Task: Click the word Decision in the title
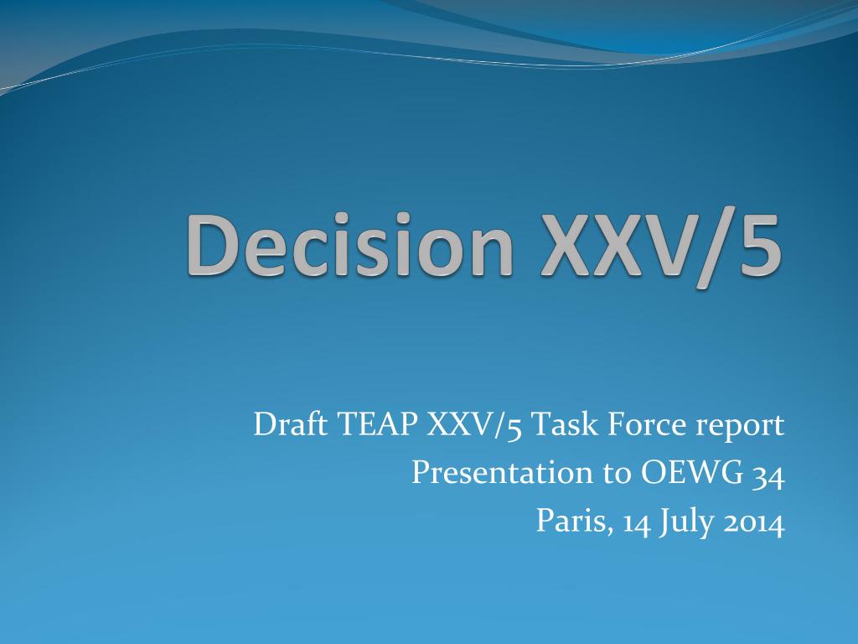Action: (x=349, y=245)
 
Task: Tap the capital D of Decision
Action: (x=214, y=247)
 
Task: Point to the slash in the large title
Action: (x=705, y=250)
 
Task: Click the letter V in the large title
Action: (x=654, y=246)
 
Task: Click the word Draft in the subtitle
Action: (x=291, y=423)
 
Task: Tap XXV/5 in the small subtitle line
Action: (x=474, y=425)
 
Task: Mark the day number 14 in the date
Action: (x=637, y=522)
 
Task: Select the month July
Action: (x=687, y=522)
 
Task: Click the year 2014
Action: (x=754, y=522)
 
